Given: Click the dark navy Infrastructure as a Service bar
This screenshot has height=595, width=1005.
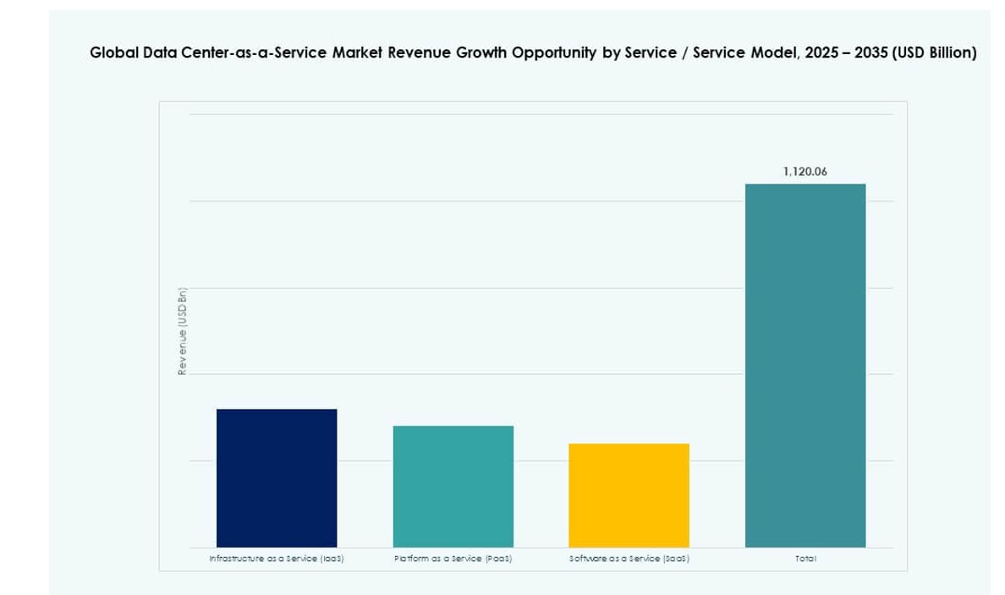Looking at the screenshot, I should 277,477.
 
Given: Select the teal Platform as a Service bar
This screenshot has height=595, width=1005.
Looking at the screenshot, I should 453,486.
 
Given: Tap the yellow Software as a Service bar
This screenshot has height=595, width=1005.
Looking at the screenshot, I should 629,495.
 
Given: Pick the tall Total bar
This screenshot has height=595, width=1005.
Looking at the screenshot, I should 805,365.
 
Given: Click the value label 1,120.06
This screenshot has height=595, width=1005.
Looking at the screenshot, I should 805,172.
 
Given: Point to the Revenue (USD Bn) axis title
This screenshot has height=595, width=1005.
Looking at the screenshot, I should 181,332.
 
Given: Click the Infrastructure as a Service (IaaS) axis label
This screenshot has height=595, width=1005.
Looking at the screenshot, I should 277,559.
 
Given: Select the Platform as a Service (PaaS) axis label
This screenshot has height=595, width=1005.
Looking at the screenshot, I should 453,559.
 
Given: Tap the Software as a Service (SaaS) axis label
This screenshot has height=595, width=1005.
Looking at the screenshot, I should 629,559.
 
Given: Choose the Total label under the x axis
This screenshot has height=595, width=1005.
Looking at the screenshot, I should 805,559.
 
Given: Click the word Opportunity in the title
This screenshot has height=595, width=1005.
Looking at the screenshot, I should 553,53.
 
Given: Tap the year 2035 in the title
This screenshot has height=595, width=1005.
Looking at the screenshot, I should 871,53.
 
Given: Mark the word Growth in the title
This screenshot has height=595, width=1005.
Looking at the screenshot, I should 478,53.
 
